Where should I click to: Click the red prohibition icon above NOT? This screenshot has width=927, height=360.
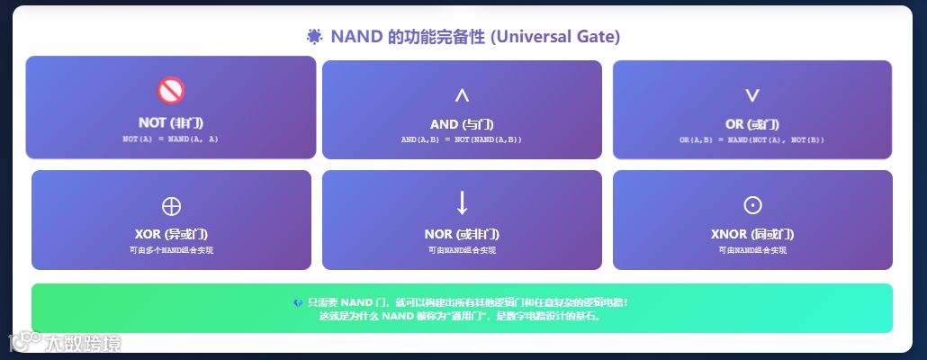tap(170, 90)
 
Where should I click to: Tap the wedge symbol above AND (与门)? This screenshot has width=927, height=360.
tap(462, 94)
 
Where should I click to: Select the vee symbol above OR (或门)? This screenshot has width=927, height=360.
tap(752, 94)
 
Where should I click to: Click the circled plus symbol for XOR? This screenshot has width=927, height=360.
tap(171, 205)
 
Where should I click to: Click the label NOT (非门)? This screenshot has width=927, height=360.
tap(170, 122)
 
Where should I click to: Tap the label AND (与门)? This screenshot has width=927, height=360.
tap(462, 124)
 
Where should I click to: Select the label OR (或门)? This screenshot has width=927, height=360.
tap(752, 124)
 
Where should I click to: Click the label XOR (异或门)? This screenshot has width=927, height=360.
tap(171, 234)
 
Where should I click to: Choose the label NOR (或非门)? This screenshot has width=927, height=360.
tap(462, 234)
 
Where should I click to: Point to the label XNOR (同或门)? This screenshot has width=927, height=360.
tap(752, 234)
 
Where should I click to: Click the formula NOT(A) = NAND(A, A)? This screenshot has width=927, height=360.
tap(170, 139)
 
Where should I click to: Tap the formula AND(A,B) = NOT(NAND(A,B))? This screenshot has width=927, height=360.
tap(462, 139)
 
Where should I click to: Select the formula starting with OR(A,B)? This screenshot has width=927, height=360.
tap(752, 139)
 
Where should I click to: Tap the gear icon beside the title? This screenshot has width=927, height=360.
tap(314, 37)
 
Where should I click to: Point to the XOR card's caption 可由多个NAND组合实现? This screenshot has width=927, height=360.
tap(171, 249)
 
